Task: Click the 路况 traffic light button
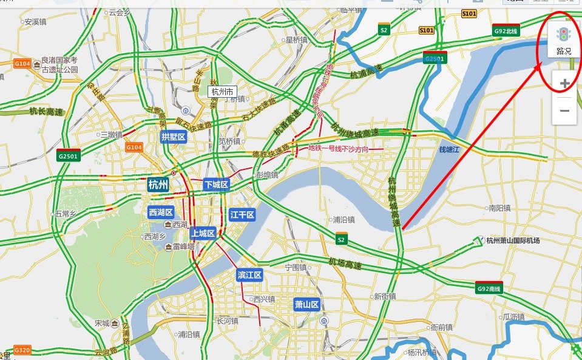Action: click(x=564, y=40)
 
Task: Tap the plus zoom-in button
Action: click(x=564, y=84)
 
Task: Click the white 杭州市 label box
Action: click(x=222, y=92)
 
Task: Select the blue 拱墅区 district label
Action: click(x=174, y=137)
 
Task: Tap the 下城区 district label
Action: click(x=216, y=185)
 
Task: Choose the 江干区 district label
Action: click(x=242, y=215)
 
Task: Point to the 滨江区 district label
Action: click(x=249, y=276)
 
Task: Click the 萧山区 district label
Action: click(x=306, y=304)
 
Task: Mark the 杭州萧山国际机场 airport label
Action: click(x=512, y=240)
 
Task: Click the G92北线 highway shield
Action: click(x=506, y=30)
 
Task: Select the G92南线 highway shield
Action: click(x=489, y=288)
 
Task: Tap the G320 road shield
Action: click(x=22, y=351)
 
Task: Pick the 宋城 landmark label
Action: click(x=102, y=324)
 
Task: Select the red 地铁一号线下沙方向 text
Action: click(x=338, y=148)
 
